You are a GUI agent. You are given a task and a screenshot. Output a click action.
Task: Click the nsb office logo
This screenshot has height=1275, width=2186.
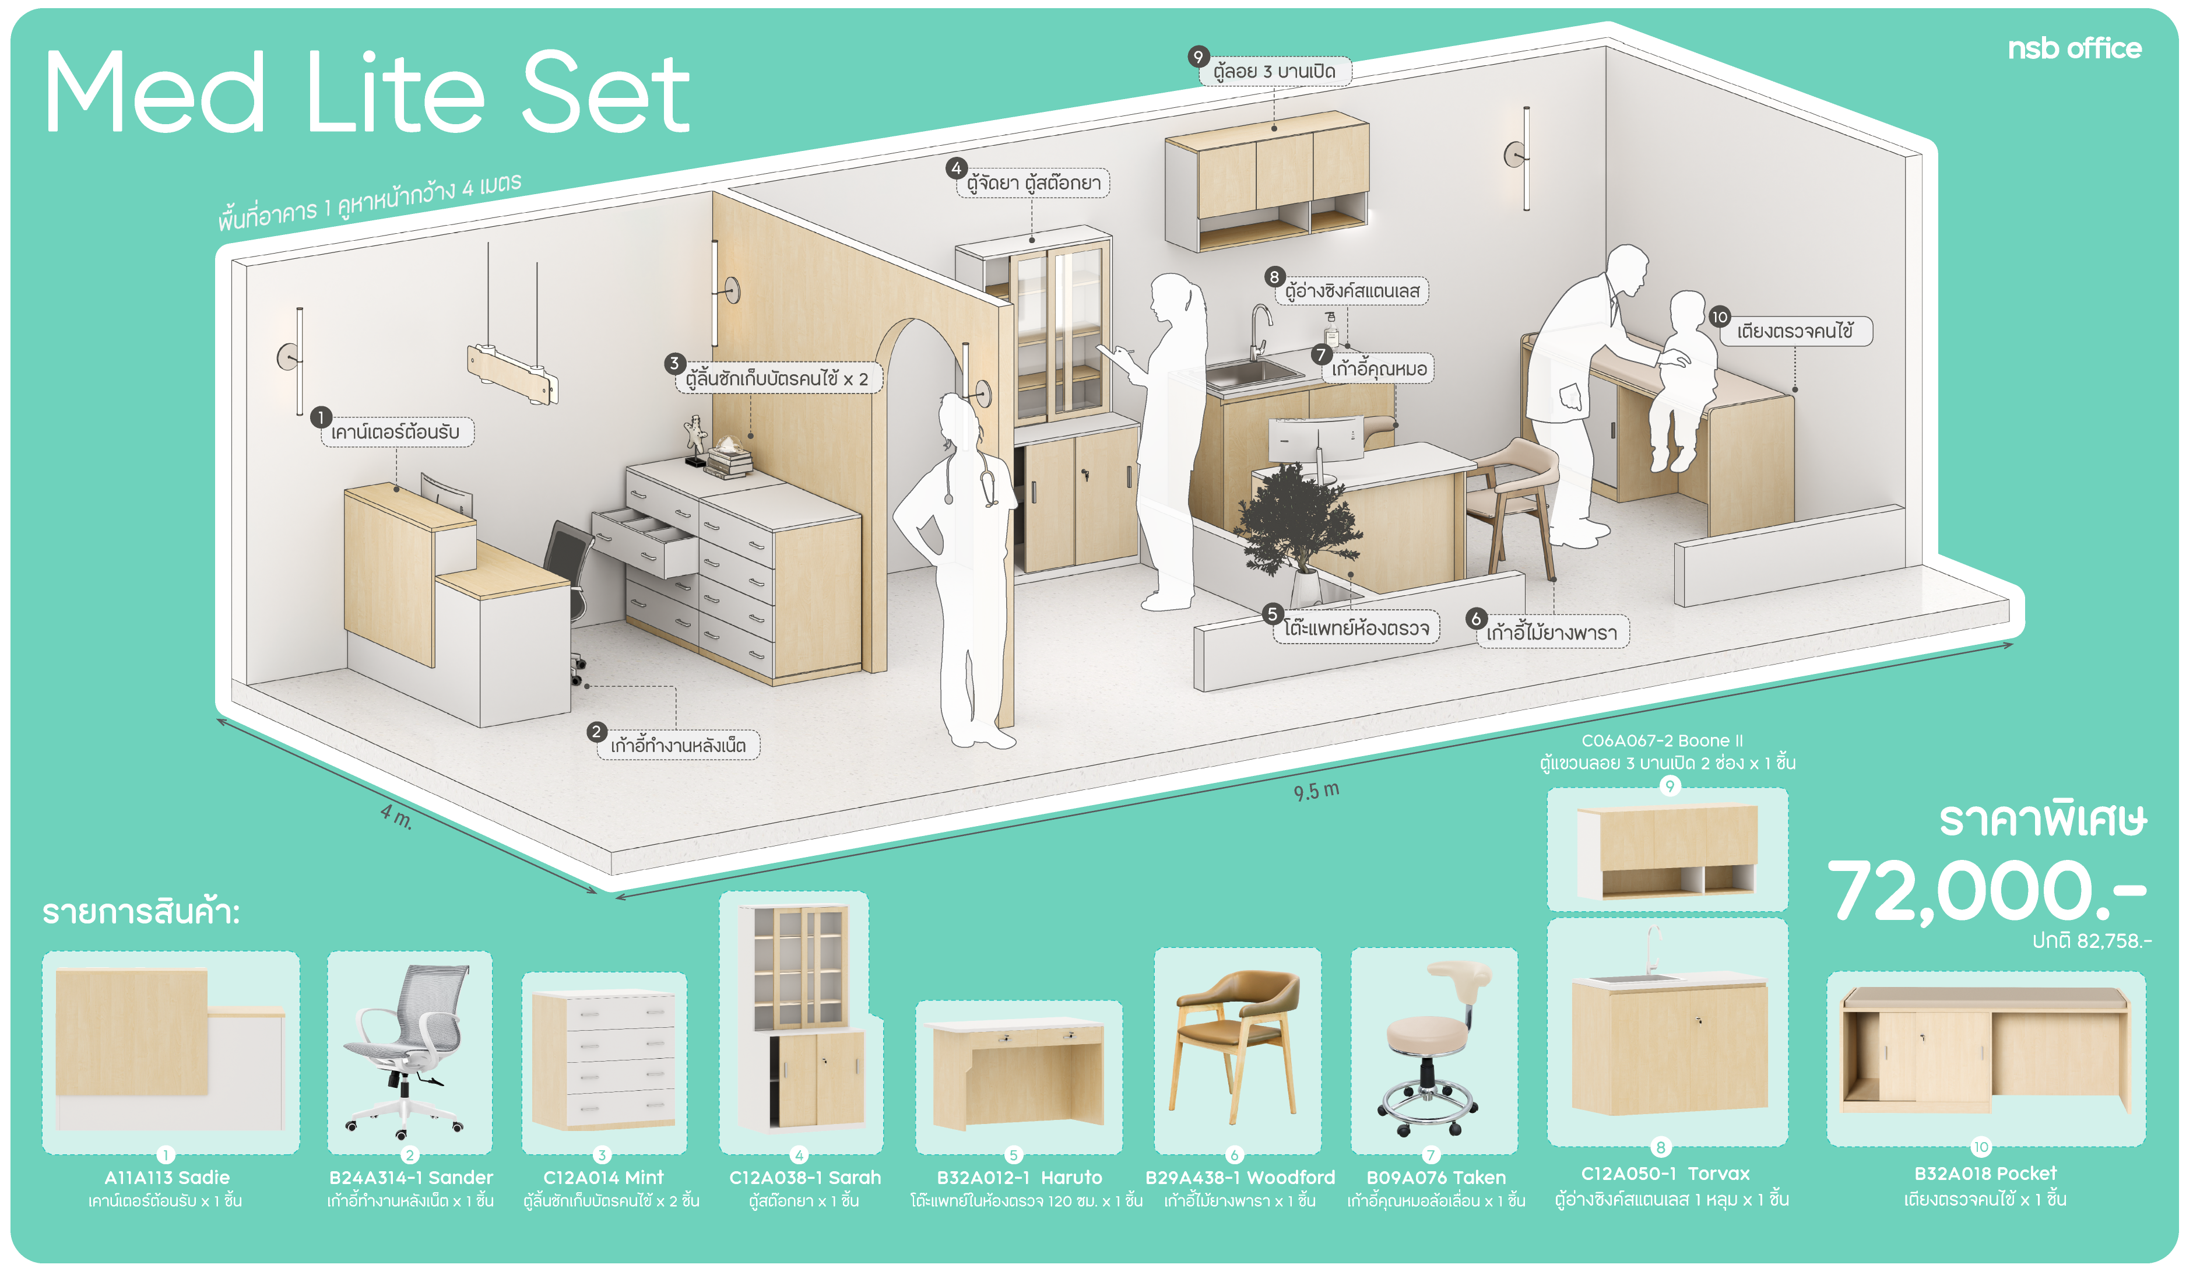[2074, 48]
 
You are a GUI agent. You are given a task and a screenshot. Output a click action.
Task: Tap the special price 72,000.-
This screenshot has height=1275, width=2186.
[1987, 891]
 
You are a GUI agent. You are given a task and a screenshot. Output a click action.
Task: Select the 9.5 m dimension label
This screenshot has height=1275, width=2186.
[1316, 790]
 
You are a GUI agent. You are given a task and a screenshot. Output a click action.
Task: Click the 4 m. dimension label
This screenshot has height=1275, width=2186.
[396, 816]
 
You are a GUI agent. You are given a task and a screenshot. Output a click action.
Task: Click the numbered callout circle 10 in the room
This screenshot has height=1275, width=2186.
[1719, 317]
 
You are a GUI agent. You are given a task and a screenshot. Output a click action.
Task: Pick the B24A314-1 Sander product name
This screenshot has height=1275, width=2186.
[410, 1177]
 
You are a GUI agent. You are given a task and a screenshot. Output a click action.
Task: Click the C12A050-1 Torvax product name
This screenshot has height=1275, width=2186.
[1665, 1174]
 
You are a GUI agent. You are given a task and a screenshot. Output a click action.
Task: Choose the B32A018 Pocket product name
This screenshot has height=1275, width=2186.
[1985, 1174]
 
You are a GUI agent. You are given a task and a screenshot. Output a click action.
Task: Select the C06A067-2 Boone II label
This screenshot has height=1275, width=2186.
[1661, 741]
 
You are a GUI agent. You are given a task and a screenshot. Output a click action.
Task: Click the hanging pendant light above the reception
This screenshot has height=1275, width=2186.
[512, 373]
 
